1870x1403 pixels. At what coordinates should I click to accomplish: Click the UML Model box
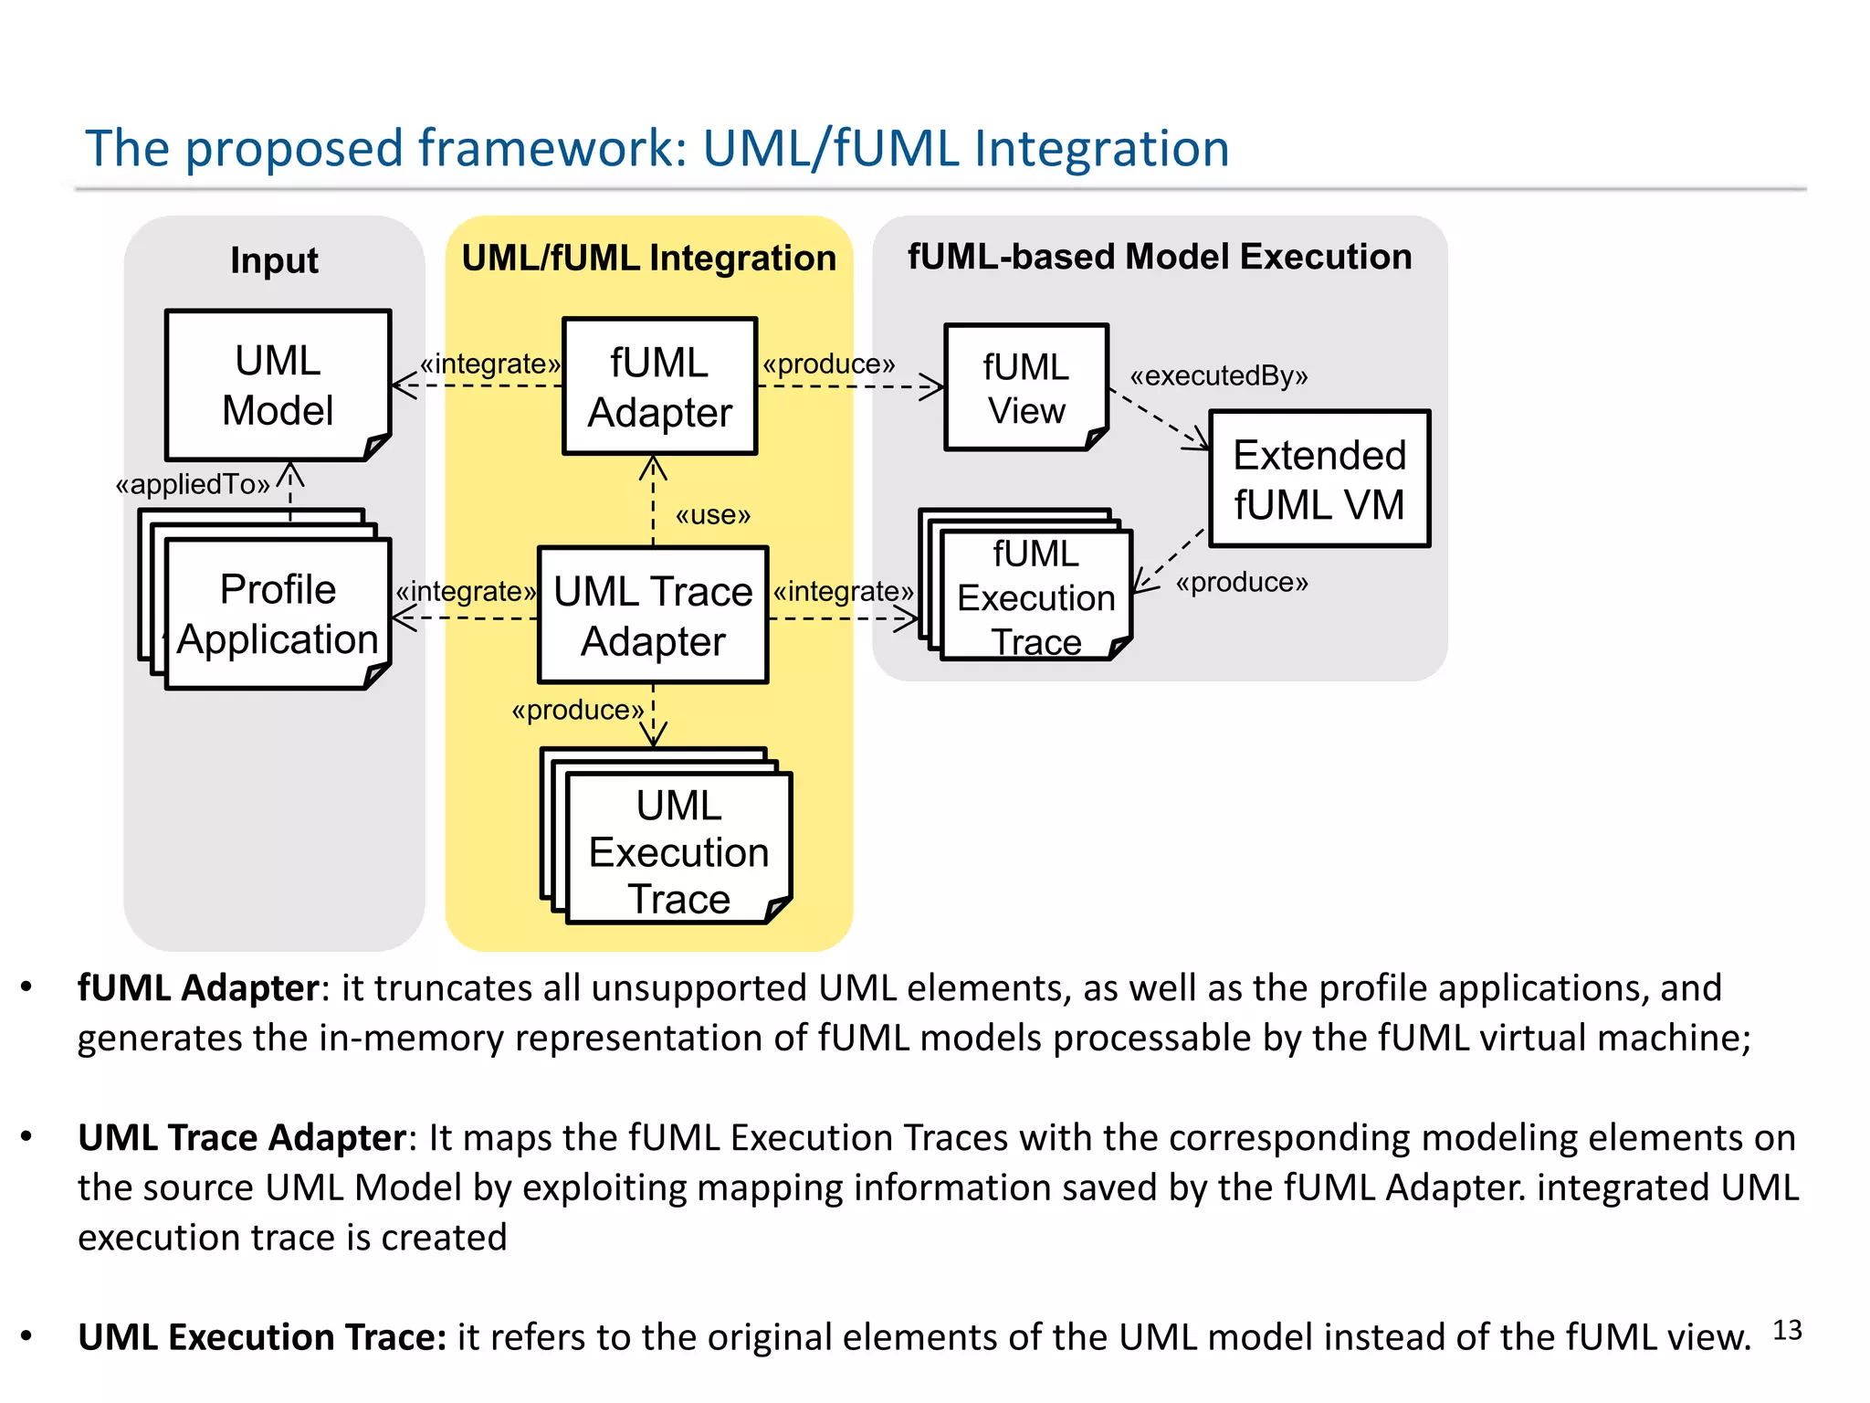[278, 385]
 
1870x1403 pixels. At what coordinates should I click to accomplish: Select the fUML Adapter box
[659, 386]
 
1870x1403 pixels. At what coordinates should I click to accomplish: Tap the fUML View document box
[1025, 388]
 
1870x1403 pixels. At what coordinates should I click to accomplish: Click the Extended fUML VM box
[1319, 480]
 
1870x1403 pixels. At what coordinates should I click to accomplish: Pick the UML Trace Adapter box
[653, 616]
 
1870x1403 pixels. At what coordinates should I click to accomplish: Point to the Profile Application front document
[278, 614]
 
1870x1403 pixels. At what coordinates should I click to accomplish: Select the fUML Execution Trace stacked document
[1035, 596]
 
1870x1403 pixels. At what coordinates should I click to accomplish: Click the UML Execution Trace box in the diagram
[678, 850]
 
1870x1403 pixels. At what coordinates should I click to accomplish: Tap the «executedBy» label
[1219, 376]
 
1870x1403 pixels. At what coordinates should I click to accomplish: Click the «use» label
[713, 515]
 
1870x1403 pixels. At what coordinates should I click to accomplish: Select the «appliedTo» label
[193, 484]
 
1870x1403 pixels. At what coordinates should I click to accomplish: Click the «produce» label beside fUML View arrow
[829, 364]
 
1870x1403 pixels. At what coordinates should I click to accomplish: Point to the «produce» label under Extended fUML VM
[1242, 582]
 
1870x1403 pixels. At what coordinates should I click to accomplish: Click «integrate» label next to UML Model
[490, 364]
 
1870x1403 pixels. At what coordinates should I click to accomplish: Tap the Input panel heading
[274, 260]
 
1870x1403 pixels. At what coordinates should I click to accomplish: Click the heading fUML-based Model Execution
[1159, 257]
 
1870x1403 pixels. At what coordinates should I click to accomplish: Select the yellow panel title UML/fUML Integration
[648, 258]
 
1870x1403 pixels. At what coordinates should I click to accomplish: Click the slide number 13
[1787, 1330]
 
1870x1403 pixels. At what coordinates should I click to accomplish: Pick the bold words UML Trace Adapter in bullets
[242, 1138]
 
